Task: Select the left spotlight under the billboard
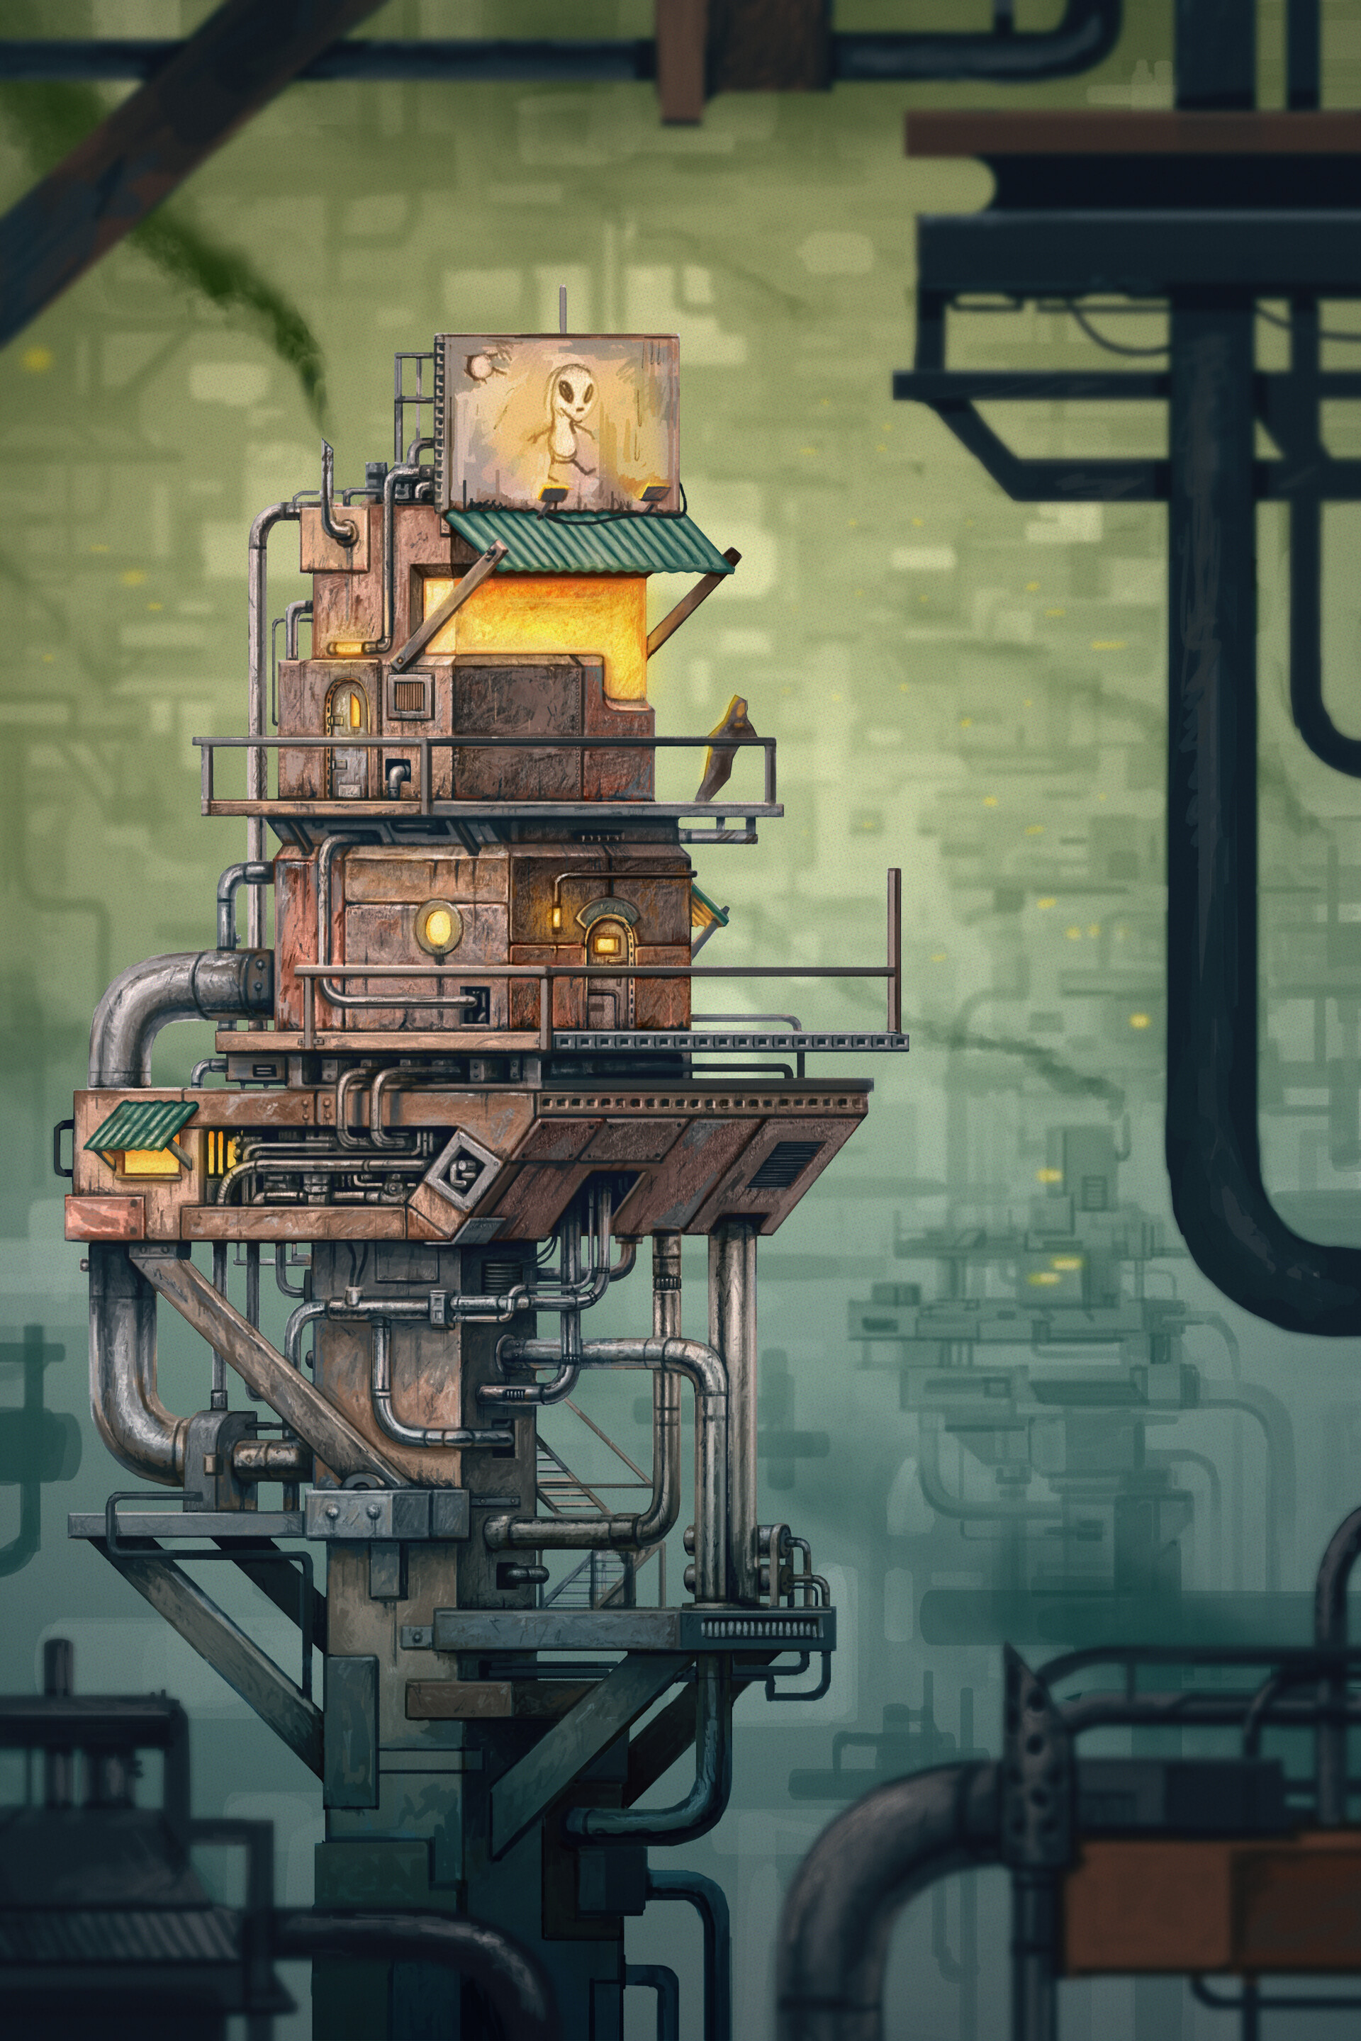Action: tap(549, 496)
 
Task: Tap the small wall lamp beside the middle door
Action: tap(556, 916)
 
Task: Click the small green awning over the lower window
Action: tap(139, 1125)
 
